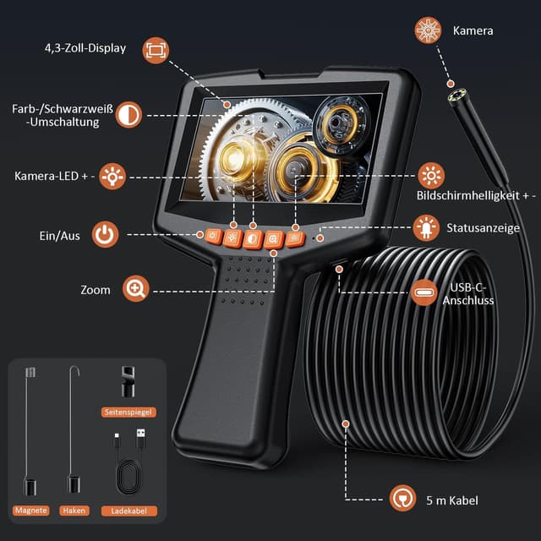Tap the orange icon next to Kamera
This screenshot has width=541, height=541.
(428, 31)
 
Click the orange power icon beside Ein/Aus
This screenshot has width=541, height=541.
(105, 235)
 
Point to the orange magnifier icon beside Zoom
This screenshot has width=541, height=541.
(135, 289)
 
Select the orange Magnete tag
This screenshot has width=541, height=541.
(30, 511)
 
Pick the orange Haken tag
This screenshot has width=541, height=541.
(74, 511)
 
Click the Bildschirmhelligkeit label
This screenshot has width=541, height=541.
(477, 195)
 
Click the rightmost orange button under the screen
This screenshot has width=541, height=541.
(295, 239)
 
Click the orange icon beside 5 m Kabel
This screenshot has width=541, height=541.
(402, 499)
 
